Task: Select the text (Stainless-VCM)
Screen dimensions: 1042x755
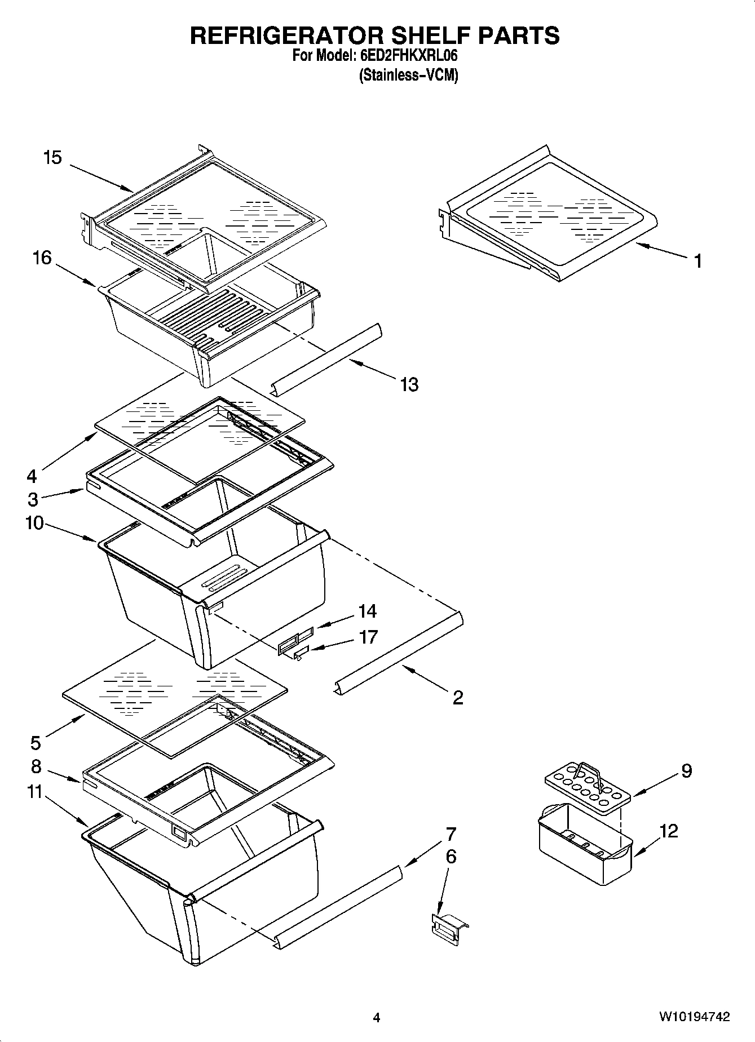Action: [408, 75]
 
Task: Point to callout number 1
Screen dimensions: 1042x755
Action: [697, 261]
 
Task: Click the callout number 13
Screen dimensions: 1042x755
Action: [409, 384]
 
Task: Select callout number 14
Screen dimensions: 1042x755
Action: [367, 611]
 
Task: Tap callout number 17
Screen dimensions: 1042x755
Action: [368, 637]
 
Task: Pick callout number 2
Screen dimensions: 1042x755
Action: [457, 697]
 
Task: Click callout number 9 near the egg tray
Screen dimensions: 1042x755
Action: [686, 770]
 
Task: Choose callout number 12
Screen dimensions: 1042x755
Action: [669, 831]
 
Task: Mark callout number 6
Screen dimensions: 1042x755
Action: [451, 857]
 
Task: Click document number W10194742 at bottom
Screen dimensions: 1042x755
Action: [694, 1017]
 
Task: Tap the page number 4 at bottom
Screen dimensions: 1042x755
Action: [377, 1017]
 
